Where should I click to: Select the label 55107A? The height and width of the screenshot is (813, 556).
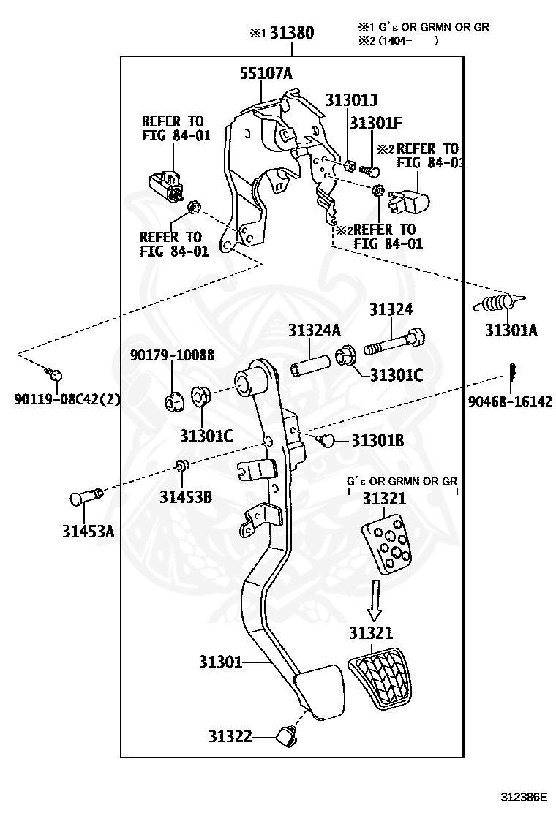tap(266, 73)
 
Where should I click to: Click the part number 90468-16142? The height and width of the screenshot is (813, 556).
tap(510, 401)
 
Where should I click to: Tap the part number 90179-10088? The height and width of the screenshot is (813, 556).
tap(172, 355)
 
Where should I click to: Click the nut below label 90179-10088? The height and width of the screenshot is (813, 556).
tap(173, 401)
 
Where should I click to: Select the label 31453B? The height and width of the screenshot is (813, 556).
tap(186, 497)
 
